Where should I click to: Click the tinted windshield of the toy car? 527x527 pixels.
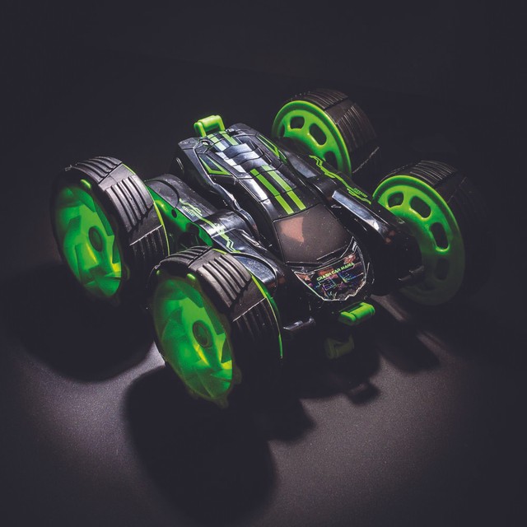pos(311,233)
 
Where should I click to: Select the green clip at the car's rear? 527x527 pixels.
pos(208,124)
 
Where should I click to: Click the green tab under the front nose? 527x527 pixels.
pos(356,314)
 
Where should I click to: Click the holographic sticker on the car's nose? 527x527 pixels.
pos(335,275)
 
